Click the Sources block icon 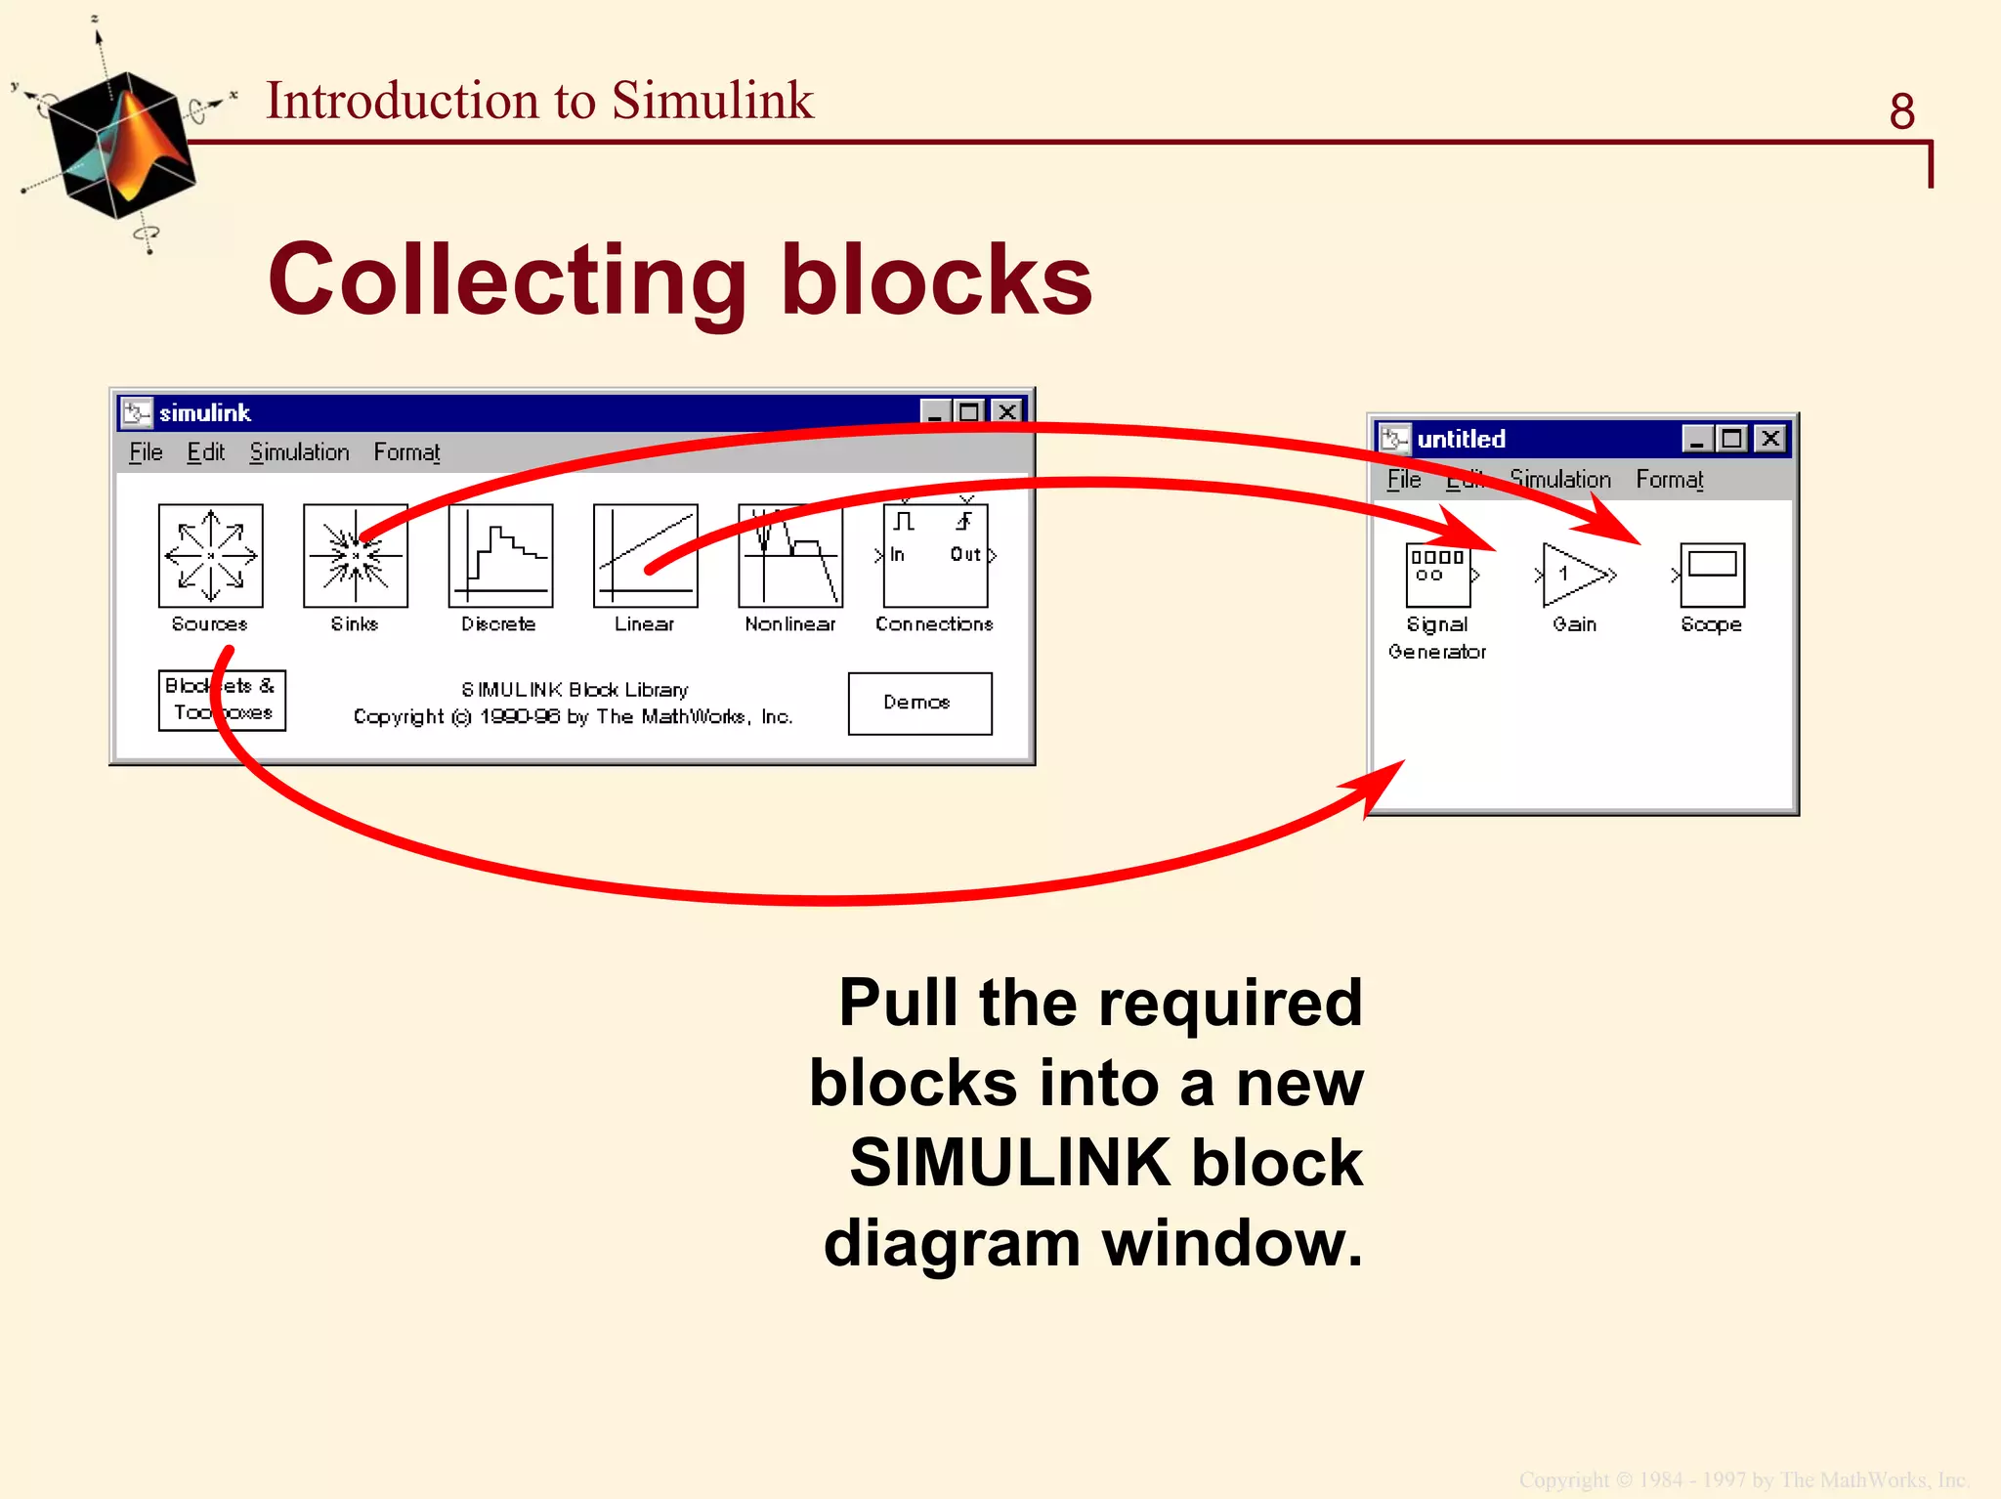[210, 555]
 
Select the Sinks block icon [355, 555]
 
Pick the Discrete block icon [500, 555]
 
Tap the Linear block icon [645, 555]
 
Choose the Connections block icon [935, 555]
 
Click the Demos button [919, 703]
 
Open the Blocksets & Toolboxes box [222, 700]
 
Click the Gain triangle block [1573, 575]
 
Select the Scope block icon [1712, 575]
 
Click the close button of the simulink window [1006, 412]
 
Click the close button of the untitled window [1770, 439]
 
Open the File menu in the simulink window [146, 452]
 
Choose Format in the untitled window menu [1669, 480]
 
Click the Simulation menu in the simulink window [299, 452]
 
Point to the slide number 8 [1901, 111]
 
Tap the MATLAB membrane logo [121, 145]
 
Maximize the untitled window [1732, 439]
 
